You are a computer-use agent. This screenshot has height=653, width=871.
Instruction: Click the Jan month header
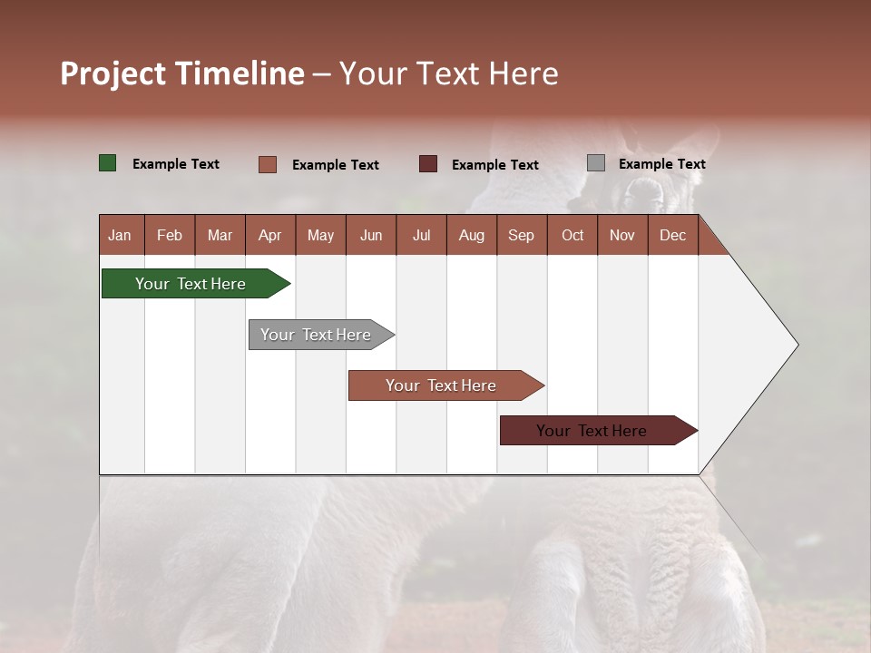[120, 235]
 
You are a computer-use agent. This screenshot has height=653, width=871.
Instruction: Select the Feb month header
[170, 235]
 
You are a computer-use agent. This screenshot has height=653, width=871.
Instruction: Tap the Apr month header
[269, 235]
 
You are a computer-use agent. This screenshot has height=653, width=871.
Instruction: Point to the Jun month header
[371, 235]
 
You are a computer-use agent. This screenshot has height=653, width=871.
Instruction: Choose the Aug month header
[471, 235]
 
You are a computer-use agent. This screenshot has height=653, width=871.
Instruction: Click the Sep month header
[521, 235]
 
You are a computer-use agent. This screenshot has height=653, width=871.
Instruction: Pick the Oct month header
[573, 235]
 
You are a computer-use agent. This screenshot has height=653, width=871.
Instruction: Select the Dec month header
[672, 235]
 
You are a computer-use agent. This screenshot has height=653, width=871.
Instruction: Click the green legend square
[108, 163]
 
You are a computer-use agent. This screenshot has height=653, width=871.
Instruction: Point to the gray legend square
[596, 163]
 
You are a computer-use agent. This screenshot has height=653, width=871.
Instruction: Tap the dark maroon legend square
[428, 164]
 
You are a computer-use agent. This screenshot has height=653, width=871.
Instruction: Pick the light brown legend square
[268, 164]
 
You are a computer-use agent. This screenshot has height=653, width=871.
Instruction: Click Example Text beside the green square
[176, 164]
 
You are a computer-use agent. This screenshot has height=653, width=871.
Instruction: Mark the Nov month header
[621, 235]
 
